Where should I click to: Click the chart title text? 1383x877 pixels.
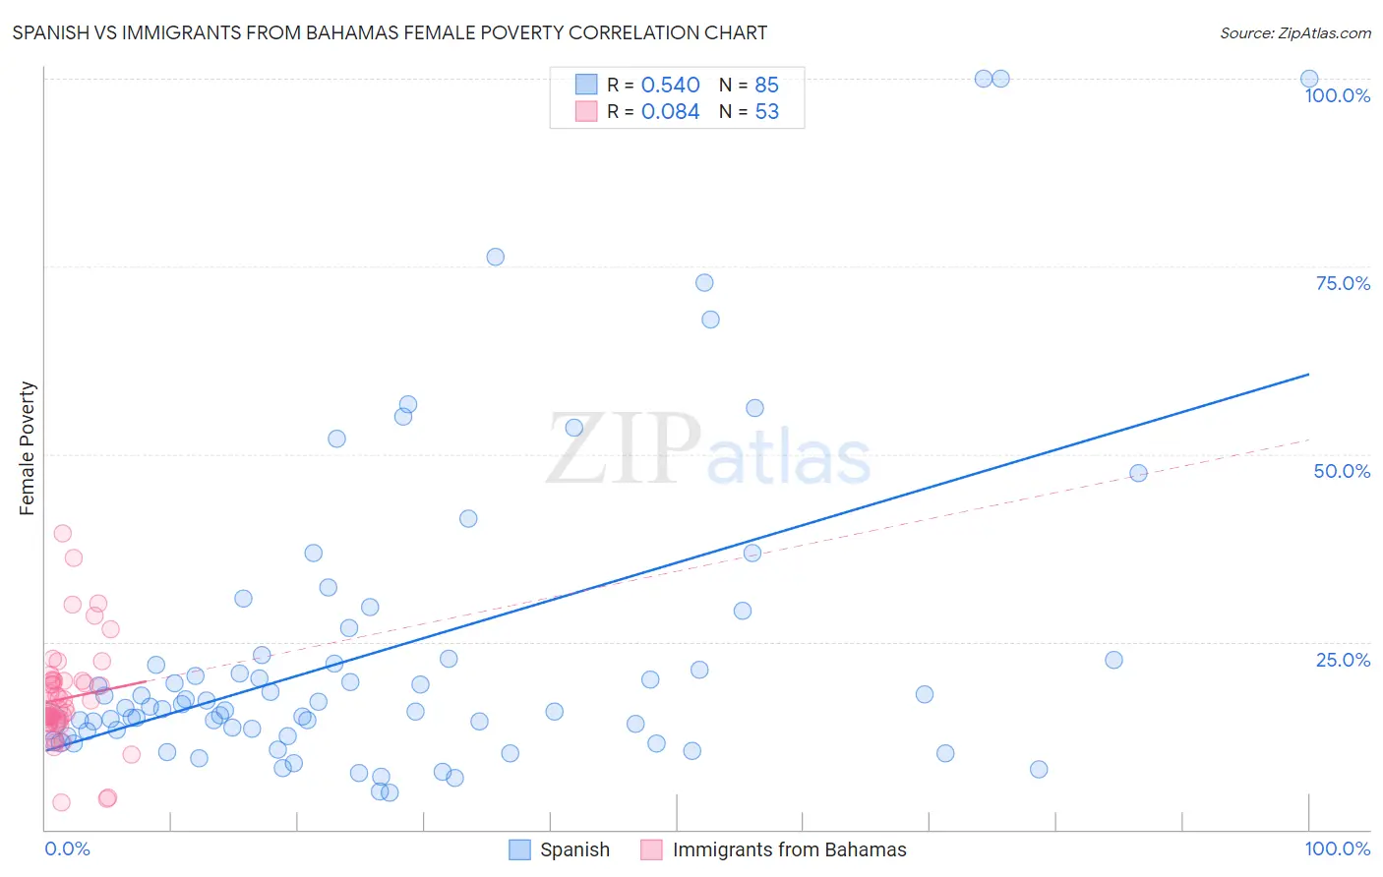point(390,32)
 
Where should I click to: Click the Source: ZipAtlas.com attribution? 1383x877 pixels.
point(1294,32)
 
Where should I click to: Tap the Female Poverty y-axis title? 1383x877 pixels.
point(27,448)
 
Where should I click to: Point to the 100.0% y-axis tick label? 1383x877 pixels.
point(1337,95)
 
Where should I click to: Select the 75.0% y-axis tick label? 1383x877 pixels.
point(1343,283)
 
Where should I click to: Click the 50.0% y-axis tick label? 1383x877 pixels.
point(1342,471)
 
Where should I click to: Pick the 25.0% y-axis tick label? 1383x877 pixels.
point(1343,660)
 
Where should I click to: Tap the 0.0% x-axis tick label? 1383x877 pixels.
point(67,848)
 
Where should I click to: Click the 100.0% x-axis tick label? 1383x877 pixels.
point(1337,848)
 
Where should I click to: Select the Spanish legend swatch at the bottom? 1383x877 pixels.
point(519,849)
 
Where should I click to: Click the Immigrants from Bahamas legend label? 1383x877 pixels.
point(789,849)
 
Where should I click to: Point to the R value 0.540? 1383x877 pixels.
point(670,85)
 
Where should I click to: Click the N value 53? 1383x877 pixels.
point(766,111)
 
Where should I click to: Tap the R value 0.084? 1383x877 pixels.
point(670,111)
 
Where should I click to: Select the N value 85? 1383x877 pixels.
point(766,85)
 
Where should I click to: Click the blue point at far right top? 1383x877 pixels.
point(1309,79)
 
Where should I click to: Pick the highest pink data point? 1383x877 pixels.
point(62,533)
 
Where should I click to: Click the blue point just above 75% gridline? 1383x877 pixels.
point(495,257)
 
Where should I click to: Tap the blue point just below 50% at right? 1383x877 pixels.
point(1138,473)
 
